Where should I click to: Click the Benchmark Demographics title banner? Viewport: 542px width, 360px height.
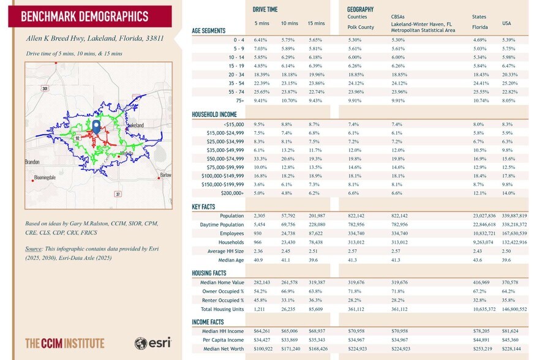[x=90, y=17]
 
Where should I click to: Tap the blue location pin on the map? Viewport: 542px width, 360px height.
[x=96, y=127]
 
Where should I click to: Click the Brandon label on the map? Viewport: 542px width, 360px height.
[x=32, y=162]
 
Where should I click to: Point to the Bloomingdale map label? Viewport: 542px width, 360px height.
[x=45, y=178]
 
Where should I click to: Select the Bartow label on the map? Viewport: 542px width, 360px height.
[x=165, y=175]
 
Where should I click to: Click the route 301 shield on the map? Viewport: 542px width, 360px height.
[x=45, y=88]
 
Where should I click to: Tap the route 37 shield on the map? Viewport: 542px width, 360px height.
[x=118, y=194]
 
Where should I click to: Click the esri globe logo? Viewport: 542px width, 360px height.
[x=141, y=343]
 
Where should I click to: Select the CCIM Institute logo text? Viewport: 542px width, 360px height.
[x=65, y=343]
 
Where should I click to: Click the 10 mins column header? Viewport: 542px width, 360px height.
[x=289, y=23]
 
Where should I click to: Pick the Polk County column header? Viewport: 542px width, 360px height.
[x=361, y=27]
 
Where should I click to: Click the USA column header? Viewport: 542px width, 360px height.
[x=506, y=23]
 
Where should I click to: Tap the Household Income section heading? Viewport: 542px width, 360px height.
[x=214, y=114]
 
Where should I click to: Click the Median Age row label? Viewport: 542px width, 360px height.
[x=231, y=260]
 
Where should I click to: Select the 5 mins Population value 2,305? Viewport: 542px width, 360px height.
[x=260, y=216]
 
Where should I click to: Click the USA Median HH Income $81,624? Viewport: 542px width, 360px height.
[x=510, y=331]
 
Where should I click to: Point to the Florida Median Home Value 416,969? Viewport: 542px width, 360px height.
[x=481, y=282]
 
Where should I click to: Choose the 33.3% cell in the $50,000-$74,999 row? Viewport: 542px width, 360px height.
[x=259, y=159]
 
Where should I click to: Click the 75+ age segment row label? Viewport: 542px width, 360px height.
[x=240, y=100]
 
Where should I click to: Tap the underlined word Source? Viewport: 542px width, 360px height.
[x=33, y=249]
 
